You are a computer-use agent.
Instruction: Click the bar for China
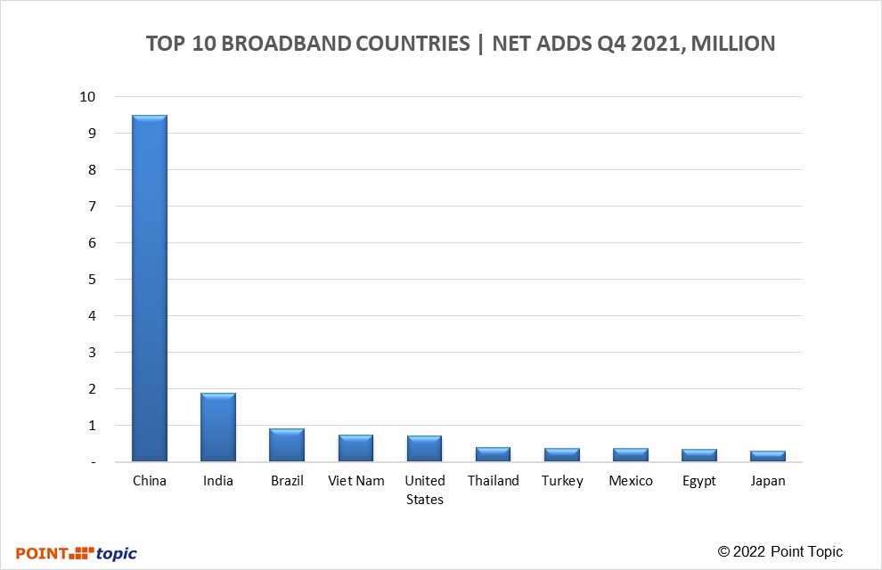150,288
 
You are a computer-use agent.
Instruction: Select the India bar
218,427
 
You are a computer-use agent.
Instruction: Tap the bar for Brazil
287,444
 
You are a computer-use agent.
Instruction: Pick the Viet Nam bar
355,447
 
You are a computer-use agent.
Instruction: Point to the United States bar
424,448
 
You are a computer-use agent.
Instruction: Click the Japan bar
767,455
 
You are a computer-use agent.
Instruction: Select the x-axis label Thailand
493,481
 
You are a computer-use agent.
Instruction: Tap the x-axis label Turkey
562,481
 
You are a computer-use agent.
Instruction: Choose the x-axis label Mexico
631,481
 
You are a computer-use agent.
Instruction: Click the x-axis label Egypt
698,481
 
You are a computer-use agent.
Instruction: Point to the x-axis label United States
424,490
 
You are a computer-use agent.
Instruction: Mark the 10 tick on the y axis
86,96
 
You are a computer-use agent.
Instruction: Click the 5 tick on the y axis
91,279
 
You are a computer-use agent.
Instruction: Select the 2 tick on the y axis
91,388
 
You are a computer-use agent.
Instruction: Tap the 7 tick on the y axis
91,206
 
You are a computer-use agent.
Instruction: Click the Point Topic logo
77,553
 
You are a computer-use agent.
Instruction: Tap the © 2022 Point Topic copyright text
780,552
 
